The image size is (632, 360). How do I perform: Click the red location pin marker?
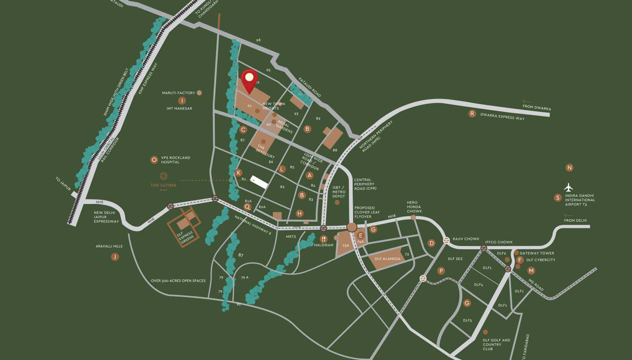tap(249, 80)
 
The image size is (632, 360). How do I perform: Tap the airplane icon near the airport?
tap(569, 187)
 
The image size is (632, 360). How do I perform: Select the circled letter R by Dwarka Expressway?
tap(472, 114)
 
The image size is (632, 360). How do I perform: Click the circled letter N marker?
tap(570, 168)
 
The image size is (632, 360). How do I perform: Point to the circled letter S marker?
tap(558, 198)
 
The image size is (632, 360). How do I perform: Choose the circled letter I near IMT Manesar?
tap(182, 101)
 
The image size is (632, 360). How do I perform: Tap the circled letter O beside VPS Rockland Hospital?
tap(154, 160)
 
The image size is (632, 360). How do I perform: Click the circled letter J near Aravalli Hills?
tap(115, 257)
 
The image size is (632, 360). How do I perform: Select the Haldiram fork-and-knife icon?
tap(323, 239)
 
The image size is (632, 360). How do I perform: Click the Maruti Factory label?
tap(178, 93)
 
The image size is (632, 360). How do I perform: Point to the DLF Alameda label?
tap(387, 259)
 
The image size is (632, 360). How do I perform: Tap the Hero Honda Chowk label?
tap(414, 207)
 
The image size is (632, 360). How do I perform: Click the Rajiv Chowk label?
tap(466, 239)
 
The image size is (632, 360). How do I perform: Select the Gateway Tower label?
tap(537, 253)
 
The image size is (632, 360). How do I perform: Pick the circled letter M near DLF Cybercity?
tap(531, 271)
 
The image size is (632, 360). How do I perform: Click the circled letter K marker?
tap(238, 173)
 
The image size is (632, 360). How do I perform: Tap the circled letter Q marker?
tap(248, 207)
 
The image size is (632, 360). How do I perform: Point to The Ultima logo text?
tap(163, 186)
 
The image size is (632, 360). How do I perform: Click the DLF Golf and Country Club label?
tap(496, 345)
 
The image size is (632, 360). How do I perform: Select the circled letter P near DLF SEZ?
tap(441, 271)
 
